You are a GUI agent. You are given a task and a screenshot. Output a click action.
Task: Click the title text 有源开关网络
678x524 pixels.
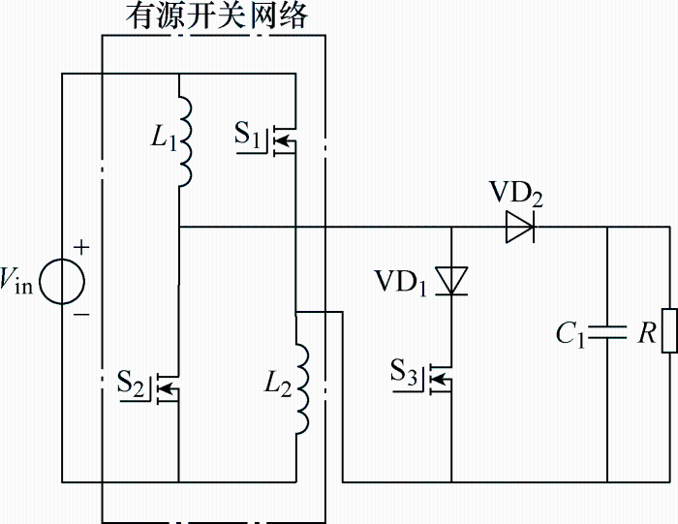[217, 16]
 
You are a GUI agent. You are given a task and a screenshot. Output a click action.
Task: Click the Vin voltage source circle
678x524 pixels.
[62, 282]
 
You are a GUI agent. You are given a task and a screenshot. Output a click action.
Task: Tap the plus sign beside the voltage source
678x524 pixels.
[81, 247]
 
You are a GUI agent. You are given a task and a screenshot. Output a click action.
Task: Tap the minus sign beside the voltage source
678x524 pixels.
[81, 315]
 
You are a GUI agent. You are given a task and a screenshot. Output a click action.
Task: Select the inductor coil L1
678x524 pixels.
[185, 141]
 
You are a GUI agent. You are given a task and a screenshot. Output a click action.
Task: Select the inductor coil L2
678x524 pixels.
[302, 388]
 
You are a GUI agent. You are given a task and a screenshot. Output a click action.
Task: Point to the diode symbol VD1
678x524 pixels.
[451, 281]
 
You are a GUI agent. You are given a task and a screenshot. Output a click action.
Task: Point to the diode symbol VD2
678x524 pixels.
[520, 227]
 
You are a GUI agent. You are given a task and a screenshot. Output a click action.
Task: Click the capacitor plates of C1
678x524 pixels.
[607, 332]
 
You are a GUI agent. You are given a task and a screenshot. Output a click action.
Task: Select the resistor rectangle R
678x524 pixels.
[670, 331]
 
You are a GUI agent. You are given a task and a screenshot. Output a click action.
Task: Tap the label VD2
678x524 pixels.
[515, 193]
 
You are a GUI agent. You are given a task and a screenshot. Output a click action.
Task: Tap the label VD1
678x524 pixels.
[401, 282]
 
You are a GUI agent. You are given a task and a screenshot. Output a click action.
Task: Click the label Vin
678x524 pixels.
[16, 280]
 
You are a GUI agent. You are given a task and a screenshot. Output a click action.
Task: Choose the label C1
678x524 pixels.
[570, 335]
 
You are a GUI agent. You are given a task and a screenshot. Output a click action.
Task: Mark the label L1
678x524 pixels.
[164, 138]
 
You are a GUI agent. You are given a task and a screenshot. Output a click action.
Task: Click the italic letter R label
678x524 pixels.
[647, 333]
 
